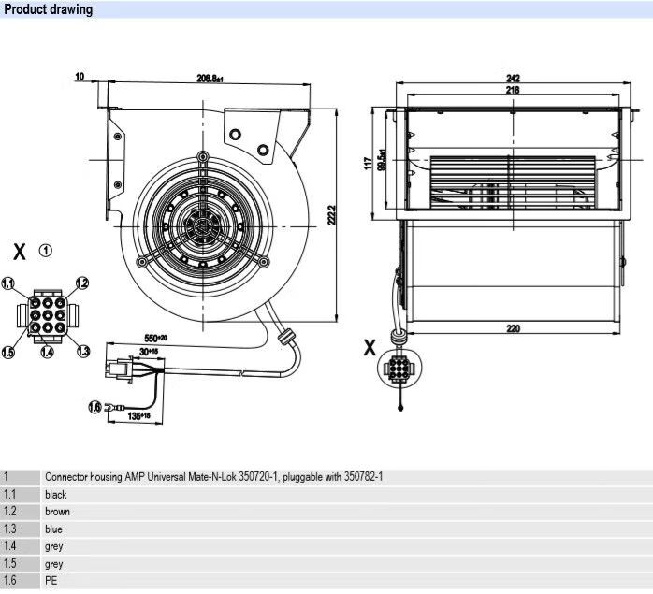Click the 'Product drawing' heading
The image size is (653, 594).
point(49,10)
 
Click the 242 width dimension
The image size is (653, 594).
point(513,78)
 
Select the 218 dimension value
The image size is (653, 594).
point(513,91)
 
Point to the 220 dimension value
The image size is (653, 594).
point(513,328)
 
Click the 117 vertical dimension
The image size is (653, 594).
point(368,163)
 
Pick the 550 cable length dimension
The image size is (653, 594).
point(155,337)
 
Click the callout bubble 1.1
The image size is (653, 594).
point(8,283)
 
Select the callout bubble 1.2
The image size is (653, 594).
point(82,283)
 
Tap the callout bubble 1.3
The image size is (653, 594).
point(83,351)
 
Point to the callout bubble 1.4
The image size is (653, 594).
point(46,353)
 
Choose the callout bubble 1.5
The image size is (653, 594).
point(8,352)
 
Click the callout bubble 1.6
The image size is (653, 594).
point(94,406)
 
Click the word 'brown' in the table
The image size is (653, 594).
point(57,512)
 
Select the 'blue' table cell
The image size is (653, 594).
point(53,529)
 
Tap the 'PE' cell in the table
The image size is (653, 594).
point(51,581)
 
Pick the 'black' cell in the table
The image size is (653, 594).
point(56,494)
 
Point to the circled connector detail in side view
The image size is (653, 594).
point(400,369)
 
